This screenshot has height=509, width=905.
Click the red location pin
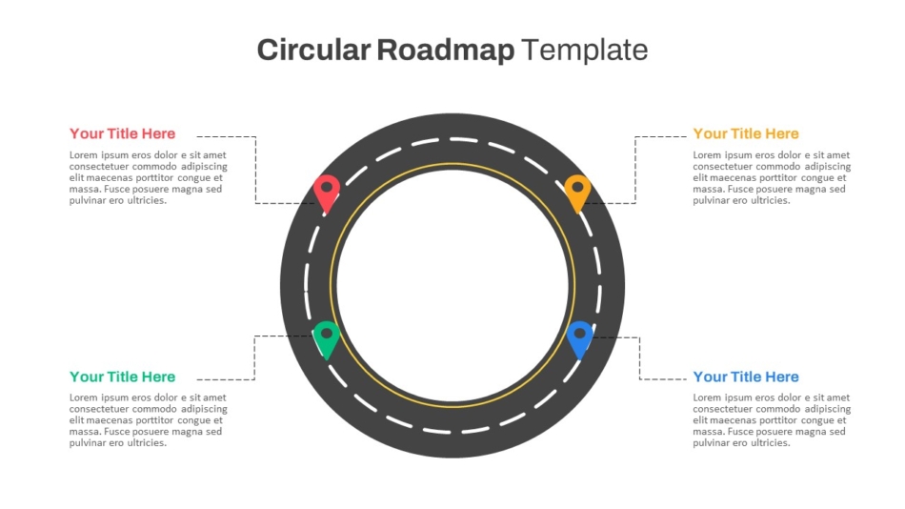click(327, 193)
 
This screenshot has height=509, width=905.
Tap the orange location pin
click(577, 193)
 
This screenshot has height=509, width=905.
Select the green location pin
click(327, 339)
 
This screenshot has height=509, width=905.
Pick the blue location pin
click(579, 339)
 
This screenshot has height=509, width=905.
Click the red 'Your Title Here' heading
click(122, 133)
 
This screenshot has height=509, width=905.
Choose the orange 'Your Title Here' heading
click(746, 133)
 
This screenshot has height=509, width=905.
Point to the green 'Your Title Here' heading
click(122, 377)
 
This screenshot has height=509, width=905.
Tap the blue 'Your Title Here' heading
click(746, 377)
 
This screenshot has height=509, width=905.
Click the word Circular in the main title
click(313, 50)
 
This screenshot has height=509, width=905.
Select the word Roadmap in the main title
click(446, 51)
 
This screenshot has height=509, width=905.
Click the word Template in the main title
click(585, 51)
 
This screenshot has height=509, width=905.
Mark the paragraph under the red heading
click(149, 177)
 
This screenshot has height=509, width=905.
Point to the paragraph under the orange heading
click(772, 177)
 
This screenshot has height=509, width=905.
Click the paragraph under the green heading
click(149, 420)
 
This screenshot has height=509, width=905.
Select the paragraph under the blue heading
click(772, 420)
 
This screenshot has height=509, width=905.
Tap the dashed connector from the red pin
click(255, 170)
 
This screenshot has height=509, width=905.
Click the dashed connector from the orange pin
click(635, 170)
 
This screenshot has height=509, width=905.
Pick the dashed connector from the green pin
click(254, 357)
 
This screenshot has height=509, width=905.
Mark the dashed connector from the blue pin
click(639, 358)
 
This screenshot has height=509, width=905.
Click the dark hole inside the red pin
click(327, 187)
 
